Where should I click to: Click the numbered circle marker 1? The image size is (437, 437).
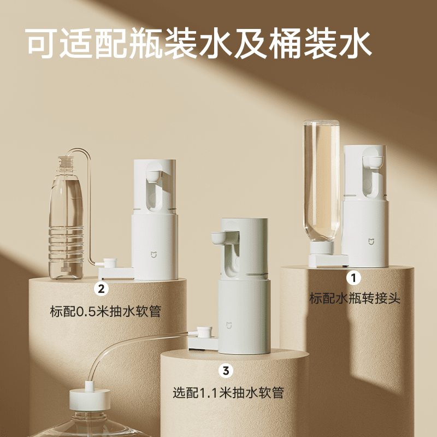click(x=354, y=278)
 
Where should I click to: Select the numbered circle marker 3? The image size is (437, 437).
click(x=225, y=370)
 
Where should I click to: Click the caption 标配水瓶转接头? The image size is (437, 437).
click(x=356, y=298)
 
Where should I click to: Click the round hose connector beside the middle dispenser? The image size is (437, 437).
click(x=204, y=333)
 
